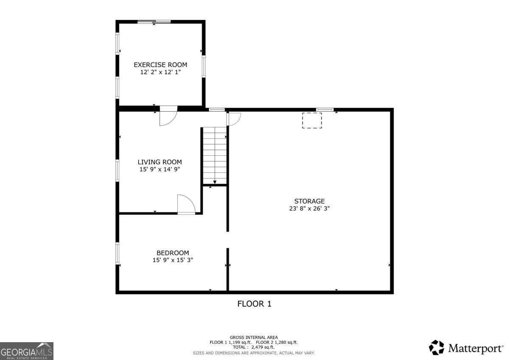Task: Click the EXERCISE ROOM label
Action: coord(160,65)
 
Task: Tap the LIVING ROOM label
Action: coord(159,162)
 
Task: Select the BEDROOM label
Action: coord(173,253)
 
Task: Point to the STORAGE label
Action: coord(309,201)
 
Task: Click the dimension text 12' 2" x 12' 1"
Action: coord(160,72)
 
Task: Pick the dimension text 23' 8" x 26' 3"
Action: coord(309,208)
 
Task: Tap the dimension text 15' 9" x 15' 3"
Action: coord(173,260)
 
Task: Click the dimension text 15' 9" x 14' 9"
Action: coord(159,169)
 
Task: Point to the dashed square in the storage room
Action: coord(312,120)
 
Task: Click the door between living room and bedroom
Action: coord(186,204)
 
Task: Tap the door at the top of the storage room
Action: coord(234,119)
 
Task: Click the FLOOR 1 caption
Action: coord(254,304)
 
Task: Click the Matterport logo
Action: coord(466,348)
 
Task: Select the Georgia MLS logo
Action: coord(27,351)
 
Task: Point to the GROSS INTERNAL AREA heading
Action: coord(254,337)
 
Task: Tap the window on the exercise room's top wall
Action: coord(154,22)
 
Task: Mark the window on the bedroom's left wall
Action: coord(117,253)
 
